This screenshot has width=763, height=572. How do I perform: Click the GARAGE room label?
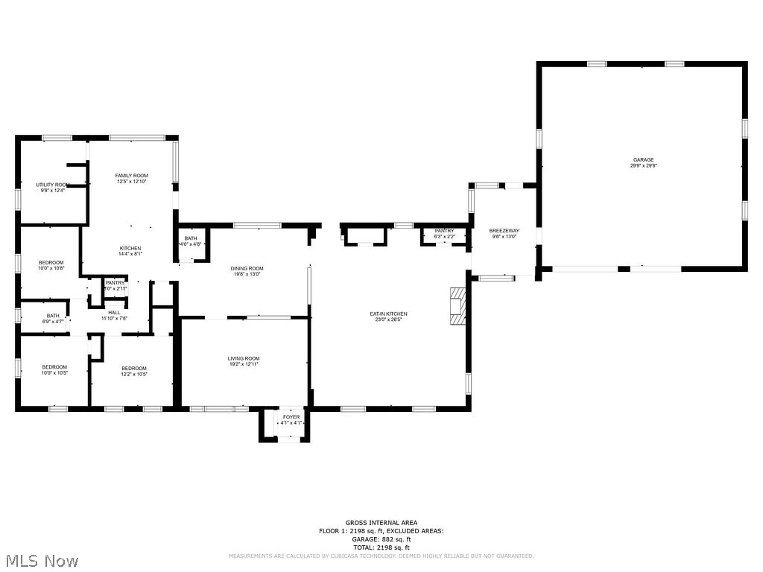pyautogui.click(x=643, y=159)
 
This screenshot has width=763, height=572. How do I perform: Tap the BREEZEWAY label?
pyautogui.click(x=504, y=231)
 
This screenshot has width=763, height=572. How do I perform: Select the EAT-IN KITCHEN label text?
pyautogui.click(x=389, y=314)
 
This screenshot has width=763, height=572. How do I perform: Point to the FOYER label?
pyautogui.click(x=291, y=417)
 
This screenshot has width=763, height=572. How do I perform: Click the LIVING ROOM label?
pyautogui.click(x=244, y=358)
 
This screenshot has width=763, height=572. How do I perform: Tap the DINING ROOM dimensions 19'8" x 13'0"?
pyautogui.click(x=246, y=274)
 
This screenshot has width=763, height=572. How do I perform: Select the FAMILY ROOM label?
pyautogui.click(x=131, y=176)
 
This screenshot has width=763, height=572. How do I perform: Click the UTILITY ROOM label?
pyautogui.click(x=53, y=185)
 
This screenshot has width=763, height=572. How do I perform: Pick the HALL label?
pyautogui.click(x=114, y=312)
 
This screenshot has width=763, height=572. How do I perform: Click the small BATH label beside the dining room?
pyautogui.click(x=191, y=238)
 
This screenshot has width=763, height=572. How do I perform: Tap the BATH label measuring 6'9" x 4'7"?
pyautogui.click(x=53, y=315)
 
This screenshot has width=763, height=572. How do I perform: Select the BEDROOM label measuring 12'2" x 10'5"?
pyautogui.click(x=134, y=368)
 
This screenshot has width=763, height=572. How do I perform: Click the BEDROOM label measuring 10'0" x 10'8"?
pyautogui.click(x=51, y=262)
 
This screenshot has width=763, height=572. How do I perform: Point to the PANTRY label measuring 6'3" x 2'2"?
pyautogui.click(x=444, y=231)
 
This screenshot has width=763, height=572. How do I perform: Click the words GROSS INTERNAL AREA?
pyautogui.click(x=381, y=523)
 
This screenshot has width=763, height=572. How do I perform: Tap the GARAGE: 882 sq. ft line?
pyautogui.click(x=381, y=539)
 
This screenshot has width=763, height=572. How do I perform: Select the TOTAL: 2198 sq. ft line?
pyautogui.click(x=381, y=547)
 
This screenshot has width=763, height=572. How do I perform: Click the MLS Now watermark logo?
pyautogui.click(x=41, y=560)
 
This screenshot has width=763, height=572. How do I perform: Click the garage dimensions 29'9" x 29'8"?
pyautogui.click(x=643, y=166)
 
